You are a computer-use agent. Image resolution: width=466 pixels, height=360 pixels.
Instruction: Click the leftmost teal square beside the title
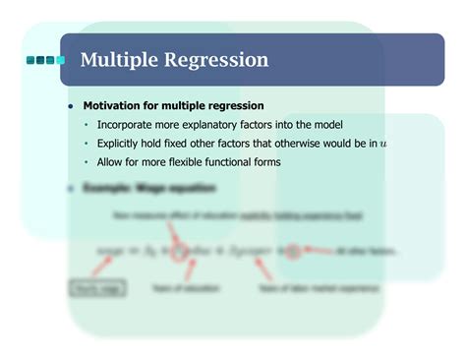30,61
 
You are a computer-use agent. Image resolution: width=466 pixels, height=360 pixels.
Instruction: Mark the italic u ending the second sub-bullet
383,145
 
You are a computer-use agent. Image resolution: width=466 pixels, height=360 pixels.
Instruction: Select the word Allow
111,162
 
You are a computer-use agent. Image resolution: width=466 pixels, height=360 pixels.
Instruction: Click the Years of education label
185,289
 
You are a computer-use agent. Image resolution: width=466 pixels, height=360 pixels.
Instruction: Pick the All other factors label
367,252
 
